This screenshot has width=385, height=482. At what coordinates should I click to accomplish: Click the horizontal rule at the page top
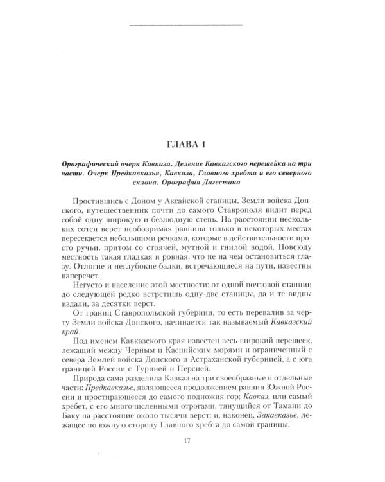(186, 25)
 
